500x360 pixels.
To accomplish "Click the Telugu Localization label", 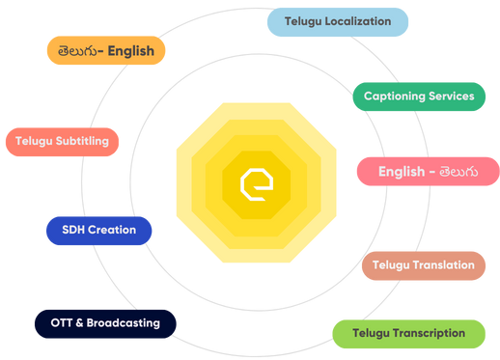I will coord(338,21).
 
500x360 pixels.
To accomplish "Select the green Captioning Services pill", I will coord(419,97).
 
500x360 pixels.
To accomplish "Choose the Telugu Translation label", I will coord(423,264).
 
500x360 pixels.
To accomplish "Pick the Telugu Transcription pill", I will coord(409,333).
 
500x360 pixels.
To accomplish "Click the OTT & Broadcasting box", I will coord(104,323).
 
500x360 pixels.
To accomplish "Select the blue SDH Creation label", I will coord(98,231).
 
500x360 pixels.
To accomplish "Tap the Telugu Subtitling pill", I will coord(62,142).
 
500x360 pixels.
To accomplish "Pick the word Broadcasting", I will coord(124,323).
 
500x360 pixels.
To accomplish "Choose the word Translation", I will coord(443,264).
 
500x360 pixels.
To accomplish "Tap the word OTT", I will coord(60,323).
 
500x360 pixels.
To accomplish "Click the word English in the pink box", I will coord(401,172).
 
